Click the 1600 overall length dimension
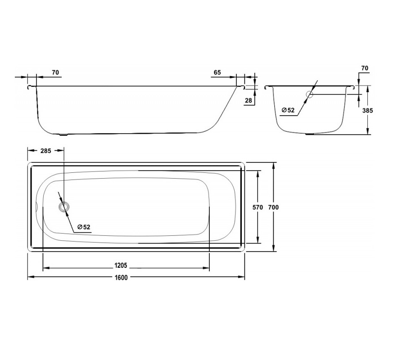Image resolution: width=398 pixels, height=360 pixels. (121, 277)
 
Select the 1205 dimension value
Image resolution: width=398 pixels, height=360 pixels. (121, 265)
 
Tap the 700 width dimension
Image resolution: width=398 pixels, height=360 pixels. (273, 207)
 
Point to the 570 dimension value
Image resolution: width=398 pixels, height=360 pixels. (258, 207)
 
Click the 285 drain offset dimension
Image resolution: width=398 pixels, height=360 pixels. (45, 151)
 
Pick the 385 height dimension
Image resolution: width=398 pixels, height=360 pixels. (367, 110)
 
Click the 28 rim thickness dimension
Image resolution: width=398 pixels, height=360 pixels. (249, 100)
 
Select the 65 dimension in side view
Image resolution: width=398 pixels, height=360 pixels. (217, 72)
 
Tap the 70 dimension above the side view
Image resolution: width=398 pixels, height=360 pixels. (55, 72)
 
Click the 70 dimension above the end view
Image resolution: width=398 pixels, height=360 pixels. (365, 68)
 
